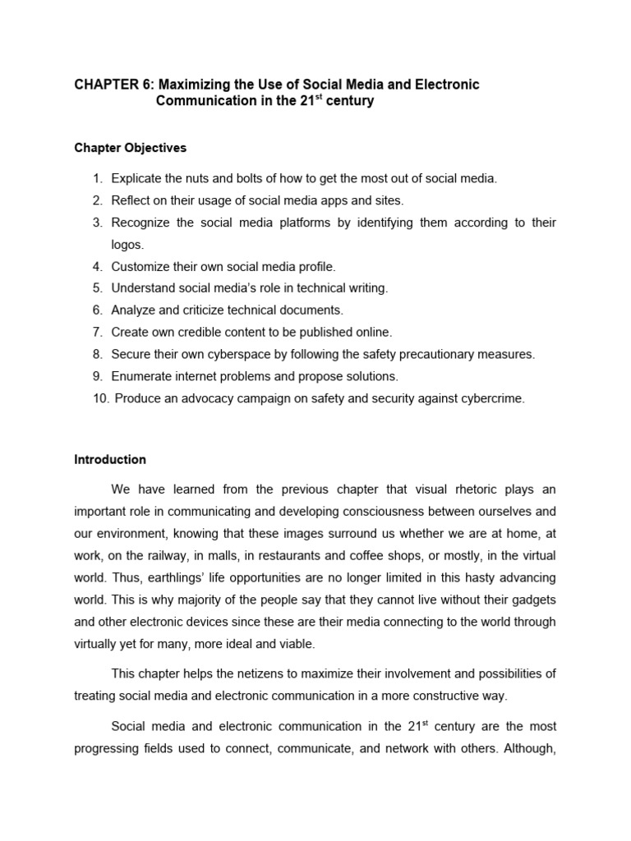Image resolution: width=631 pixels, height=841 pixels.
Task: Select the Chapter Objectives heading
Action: (x=131, y=148)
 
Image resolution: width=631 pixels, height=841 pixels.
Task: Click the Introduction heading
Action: (x=110, y=459)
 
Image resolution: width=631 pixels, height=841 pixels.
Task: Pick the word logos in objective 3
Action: (x=127, y=244)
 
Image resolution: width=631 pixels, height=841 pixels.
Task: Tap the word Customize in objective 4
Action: (x=140, y=266)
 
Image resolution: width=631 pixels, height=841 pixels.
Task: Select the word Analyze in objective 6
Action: (x=133, y=310)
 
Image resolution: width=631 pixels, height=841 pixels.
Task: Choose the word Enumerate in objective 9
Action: (x=142, y=376)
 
